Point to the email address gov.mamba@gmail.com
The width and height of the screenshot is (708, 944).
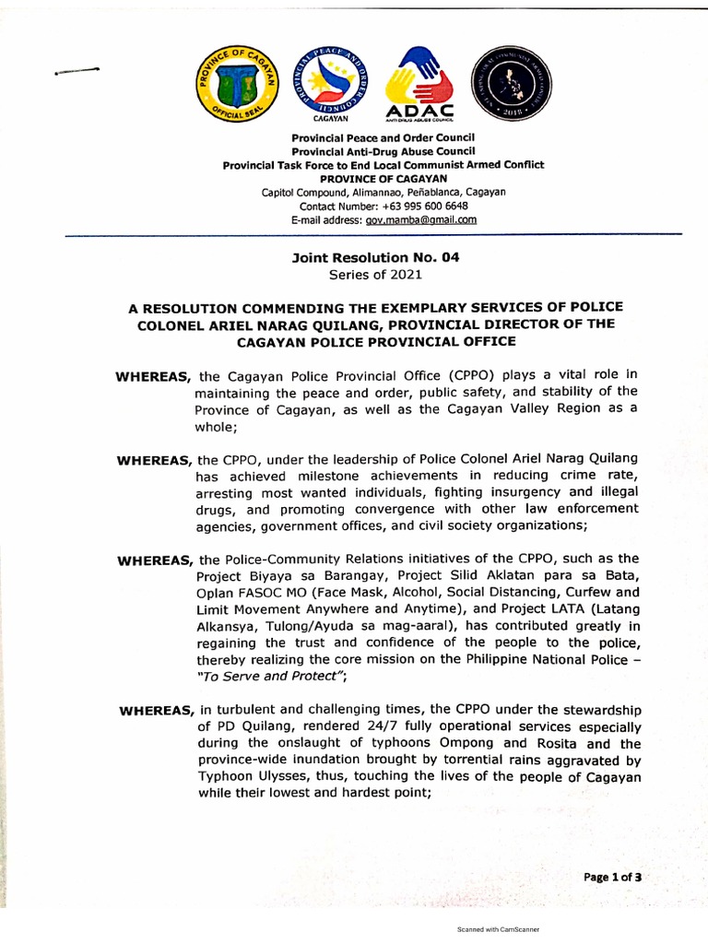[421, 220]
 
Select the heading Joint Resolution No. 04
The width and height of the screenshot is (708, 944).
[374, 258]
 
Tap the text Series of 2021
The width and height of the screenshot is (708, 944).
[374, 274]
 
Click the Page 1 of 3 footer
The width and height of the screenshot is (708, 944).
[612, 878]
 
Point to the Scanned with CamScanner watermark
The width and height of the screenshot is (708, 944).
[498, 930]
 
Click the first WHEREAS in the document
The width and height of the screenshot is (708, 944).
[153, 375]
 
